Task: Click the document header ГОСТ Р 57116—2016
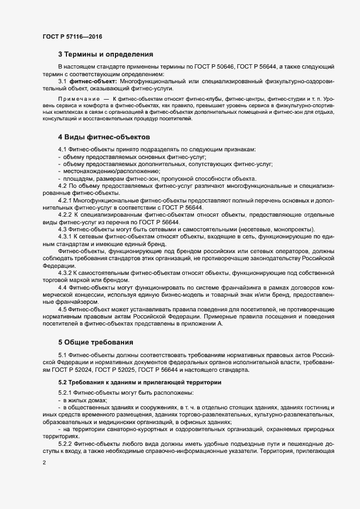(x=72, y=36)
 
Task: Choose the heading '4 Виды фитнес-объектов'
(x=103, y=136)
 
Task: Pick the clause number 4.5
(x=62, y=309)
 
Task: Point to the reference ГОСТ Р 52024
(x=80, y=370)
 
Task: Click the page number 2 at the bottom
(x=45, y=463)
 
